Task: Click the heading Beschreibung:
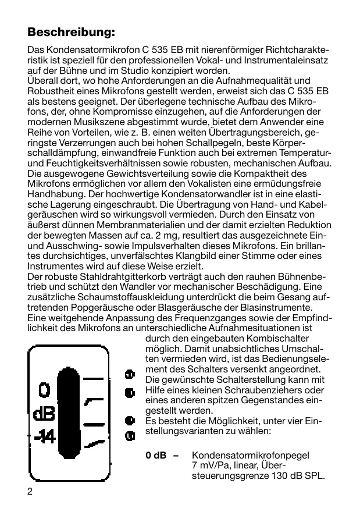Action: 72,31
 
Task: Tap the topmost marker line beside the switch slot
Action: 93,378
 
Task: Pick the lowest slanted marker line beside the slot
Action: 93,445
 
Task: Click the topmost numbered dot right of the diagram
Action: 130,374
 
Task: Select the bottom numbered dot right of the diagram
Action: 130,435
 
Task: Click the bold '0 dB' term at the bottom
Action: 156,454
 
